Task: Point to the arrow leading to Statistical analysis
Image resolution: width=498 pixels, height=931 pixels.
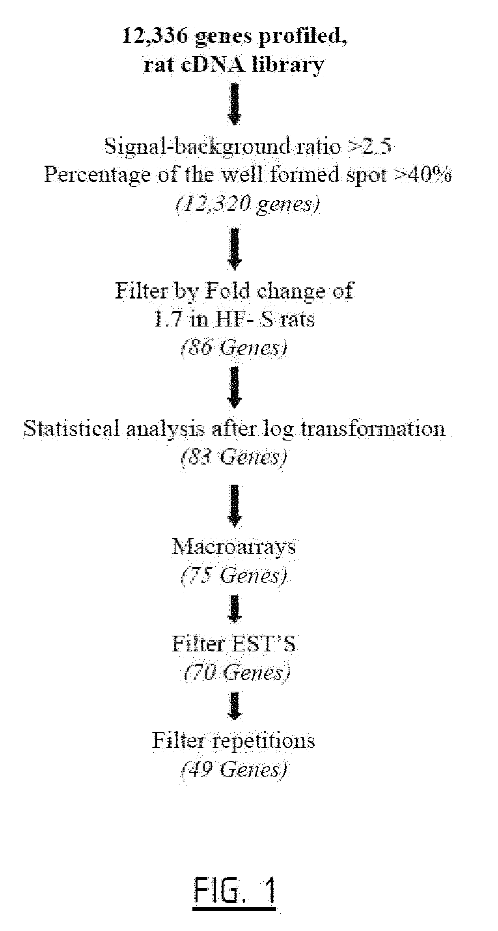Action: (x=234, y=386)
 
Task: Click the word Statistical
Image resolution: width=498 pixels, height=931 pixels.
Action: (x=71, y=429)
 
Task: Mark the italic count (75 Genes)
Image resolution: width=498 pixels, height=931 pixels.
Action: (x=234, y=576)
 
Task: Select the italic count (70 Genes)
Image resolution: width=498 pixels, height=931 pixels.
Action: (x=237, y=672)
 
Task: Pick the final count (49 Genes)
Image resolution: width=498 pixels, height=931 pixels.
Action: (x=234, y=769)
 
